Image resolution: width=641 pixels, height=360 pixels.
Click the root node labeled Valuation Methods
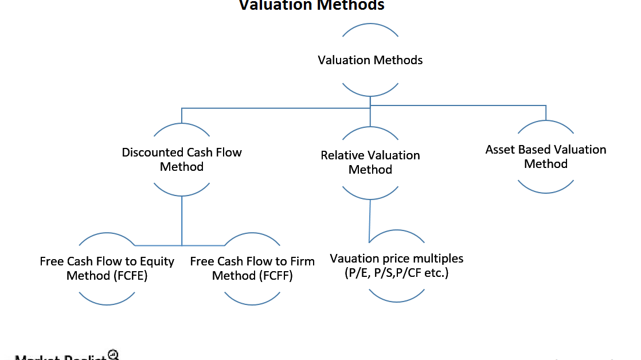(x=370, y=60)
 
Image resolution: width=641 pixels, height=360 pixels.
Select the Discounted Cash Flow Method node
(x=182, y=160)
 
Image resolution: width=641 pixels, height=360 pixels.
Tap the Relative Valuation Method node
(x=370, y=162)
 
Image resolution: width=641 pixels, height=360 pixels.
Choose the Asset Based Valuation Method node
(x=545, y=156)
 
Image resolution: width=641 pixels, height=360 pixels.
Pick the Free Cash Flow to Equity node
(x=107, y=268)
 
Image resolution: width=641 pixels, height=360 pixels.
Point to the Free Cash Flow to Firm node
(x=252, y=268)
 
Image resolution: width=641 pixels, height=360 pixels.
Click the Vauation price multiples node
(x=396, y=265)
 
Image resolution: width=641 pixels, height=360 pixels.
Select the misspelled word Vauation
(x=355, y=259)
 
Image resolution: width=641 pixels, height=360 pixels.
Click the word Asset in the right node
(x=500, y=150)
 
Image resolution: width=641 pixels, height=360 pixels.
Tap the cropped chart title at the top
(x=311, y=5)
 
